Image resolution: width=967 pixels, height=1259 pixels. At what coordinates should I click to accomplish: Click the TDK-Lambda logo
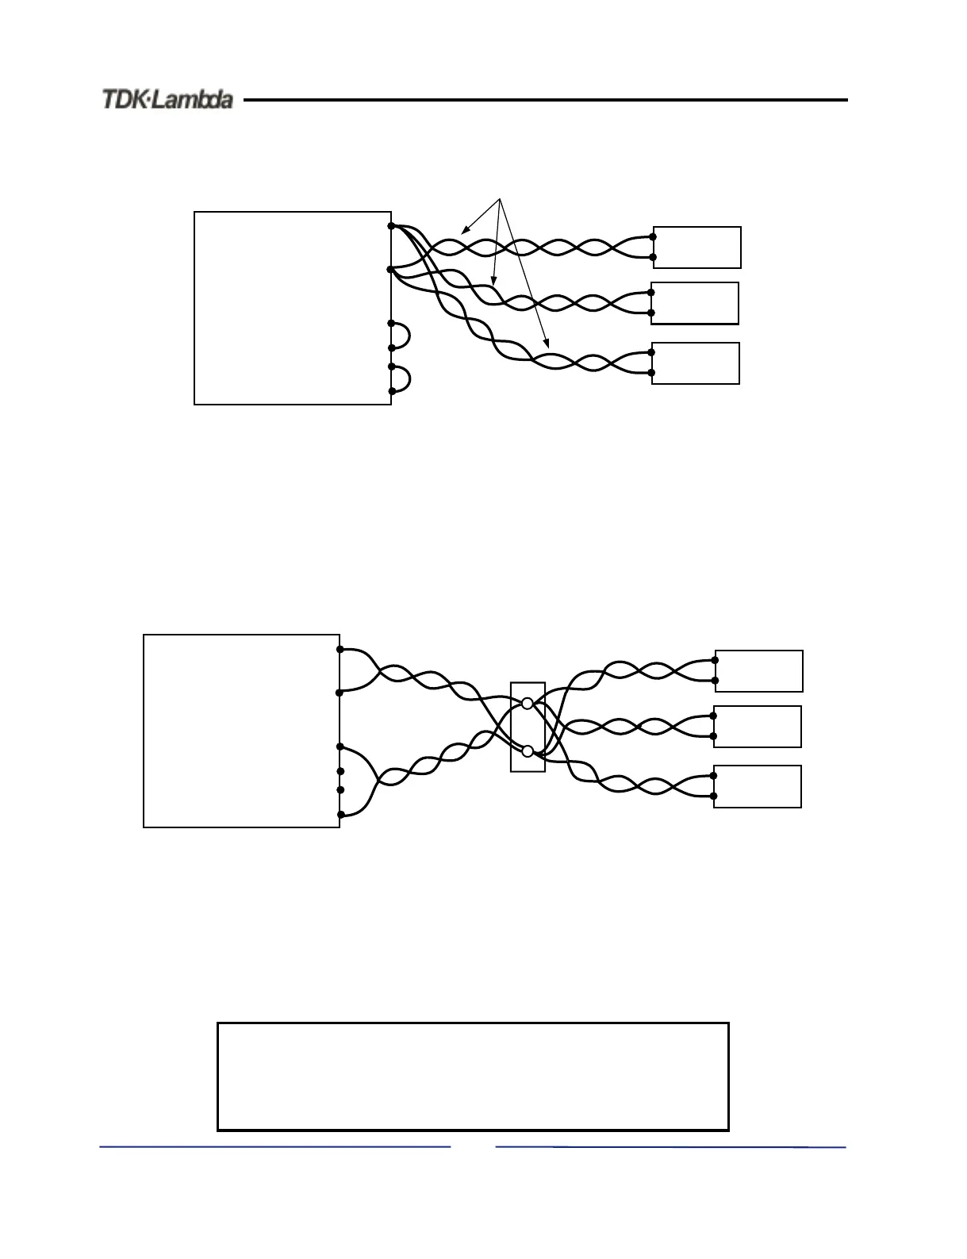tap(167, 100)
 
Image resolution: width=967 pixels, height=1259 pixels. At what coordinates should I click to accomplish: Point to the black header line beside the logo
tap(546, 100)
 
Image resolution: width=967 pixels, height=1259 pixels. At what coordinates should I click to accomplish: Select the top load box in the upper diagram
tap(696, 248)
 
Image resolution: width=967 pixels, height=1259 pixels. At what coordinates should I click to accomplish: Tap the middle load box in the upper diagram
tap(695, 303)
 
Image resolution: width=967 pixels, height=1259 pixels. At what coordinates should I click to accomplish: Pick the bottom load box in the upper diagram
tap(696, 363)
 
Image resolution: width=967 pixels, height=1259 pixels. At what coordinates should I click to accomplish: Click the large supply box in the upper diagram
tap(293, 308)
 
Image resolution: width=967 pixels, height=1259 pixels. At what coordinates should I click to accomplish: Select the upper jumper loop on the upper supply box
tap(401, 335)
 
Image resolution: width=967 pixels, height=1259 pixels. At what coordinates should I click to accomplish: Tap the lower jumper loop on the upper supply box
tap(401, 378)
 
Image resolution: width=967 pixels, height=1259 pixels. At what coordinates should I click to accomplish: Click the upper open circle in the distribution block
tap(528, 704)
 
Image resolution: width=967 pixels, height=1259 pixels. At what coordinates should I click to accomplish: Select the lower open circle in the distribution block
tap(528, 750)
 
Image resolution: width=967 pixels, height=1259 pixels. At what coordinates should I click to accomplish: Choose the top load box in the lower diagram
tap(758, 671)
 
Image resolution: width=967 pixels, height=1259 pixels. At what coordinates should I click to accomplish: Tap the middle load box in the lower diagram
tap(758, 727)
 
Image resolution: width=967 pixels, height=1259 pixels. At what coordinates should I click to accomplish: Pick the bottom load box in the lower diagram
tap(758, 787)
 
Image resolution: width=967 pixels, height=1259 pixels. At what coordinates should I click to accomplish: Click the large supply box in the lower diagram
tap(241, 731)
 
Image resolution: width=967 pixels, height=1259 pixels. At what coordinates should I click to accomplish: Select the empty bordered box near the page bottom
tap(473, 1077)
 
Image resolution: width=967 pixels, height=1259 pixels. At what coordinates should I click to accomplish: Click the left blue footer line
tap(274, 1146)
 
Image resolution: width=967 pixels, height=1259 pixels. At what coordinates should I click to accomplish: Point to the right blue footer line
tap(670, 1146)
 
